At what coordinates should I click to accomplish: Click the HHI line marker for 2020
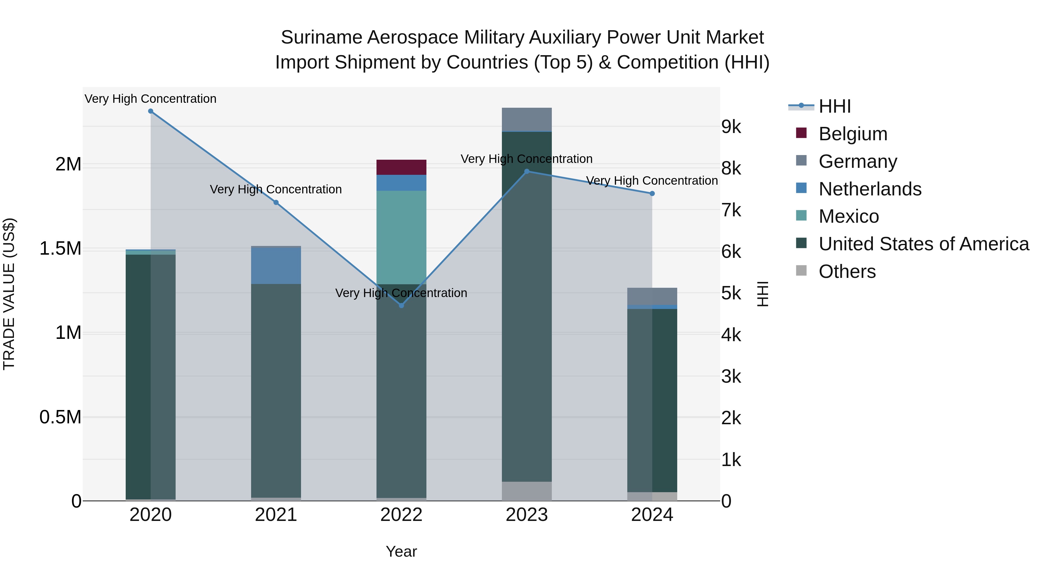point(150,111)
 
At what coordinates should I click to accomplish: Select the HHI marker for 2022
point(401,305)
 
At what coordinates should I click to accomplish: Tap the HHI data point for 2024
point(652,194)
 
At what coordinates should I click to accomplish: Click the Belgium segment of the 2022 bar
point(401,167)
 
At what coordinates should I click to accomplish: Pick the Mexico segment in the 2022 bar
point(401,238)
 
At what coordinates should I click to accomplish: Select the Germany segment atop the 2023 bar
point(527,120)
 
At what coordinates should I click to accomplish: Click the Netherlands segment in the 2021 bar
point(276,266)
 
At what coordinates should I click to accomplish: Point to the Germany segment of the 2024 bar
point(652,296)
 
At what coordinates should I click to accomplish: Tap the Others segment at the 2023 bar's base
point(527,491)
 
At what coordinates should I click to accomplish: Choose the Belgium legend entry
point(853,134)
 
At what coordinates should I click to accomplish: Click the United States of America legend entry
point(924,244)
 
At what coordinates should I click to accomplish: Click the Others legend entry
point(847,271)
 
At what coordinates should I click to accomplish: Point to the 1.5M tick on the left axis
point(60,248)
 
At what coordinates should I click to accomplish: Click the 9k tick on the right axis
point(731,127)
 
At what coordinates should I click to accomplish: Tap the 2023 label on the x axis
point(527,515)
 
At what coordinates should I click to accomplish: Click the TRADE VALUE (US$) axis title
point(9,294)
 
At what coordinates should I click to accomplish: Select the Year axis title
point(401,551)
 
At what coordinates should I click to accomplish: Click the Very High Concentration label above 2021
point(276,190)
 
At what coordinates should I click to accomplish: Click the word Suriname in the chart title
point(321,37)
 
